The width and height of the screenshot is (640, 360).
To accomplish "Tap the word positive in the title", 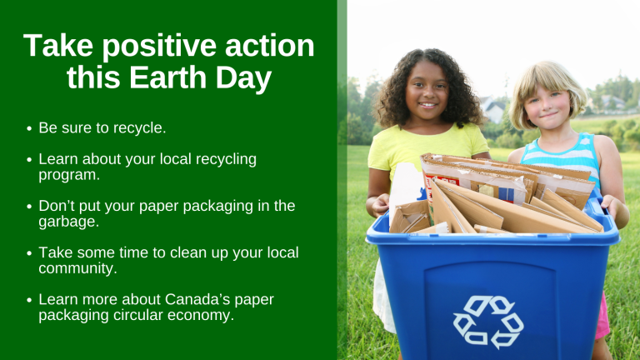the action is click(159, 46).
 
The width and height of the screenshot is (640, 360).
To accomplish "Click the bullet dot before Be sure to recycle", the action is click(29, 128).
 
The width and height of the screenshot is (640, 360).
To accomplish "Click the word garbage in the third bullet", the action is click(67, 222).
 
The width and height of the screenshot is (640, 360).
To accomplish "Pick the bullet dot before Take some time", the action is click(29, 253).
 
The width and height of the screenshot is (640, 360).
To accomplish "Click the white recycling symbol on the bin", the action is click(488, 322).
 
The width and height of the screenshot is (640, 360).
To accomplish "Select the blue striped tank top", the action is click(562, 157).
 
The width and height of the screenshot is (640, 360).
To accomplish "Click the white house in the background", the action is click(493, 108).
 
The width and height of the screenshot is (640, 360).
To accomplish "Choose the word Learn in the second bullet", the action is click(58, 159).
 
